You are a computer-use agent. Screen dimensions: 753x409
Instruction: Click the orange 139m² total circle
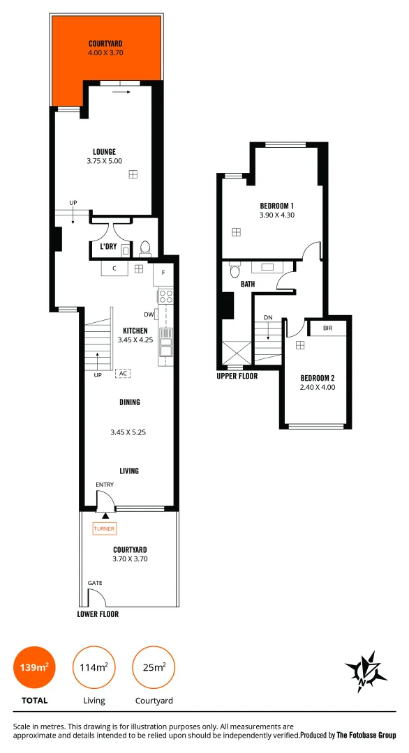(x=34, y=668)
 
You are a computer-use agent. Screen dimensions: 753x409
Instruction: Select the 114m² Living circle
(x=93, y=668)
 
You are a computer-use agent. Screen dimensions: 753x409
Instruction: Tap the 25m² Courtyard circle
(x=154, y=668)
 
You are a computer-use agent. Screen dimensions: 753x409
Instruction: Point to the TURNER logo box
(x=104, y=529)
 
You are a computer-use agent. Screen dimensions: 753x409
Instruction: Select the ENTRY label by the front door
(x=105, y=485)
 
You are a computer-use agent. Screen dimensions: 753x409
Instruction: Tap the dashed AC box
(x=123, y=374)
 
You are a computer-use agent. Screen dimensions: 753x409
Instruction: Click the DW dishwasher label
(x=148, y=314)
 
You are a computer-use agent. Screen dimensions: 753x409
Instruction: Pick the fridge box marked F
(x=163, y=272)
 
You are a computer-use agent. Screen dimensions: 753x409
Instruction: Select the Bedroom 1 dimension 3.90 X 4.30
(x=276, y=215)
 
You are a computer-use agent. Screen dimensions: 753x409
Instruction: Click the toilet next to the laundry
(x=145, y=248)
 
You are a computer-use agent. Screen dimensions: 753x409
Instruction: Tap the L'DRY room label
(x=107, y=246)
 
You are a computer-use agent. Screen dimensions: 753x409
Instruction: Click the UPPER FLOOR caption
(x=237, y=376)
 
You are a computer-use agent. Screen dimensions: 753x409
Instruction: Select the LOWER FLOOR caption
(x=98, y=614)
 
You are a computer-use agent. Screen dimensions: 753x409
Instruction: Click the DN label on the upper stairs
(x=268, y=318)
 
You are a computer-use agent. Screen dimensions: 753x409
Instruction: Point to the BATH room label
(x=248, y=284)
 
